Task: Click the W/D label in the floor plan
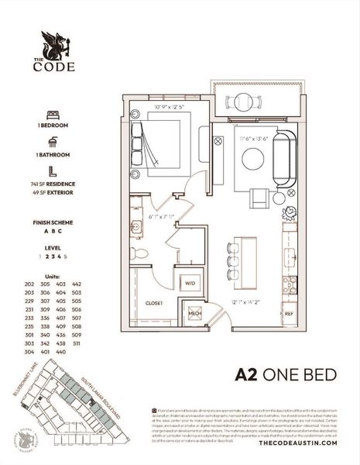coord(189,284)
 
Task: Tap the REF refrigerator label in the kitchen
coord(289,314)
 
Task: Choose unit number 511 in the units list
coord(77,343)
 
